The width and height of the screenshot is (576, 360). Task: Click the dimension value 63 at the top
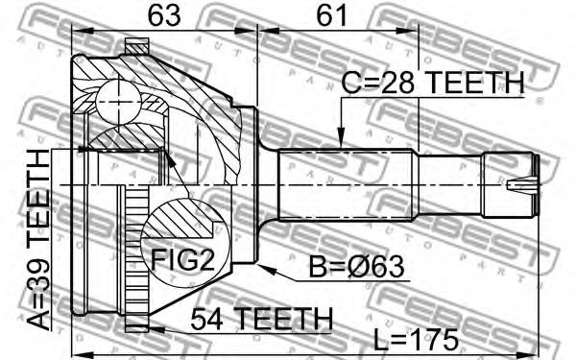(x=164, y=15)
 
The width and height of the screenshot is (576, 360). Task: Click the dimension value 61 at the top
(x=331, y=15)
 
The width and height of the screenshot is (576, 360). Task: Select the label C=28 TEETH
(x=432, y=83)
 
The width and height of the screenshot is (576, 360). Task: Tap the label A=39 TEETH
(x=39, y=240)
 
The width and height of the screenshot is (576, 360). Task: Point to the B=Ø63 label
(x=356, y=266)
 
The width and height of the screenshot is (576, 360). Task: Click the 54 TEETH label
(x=261, y=319)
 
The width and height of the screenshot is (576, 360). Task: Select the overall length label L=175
(x=417, y=340)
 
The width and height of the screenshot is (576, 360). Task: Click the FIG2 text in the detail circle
(x=182, y=259)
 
